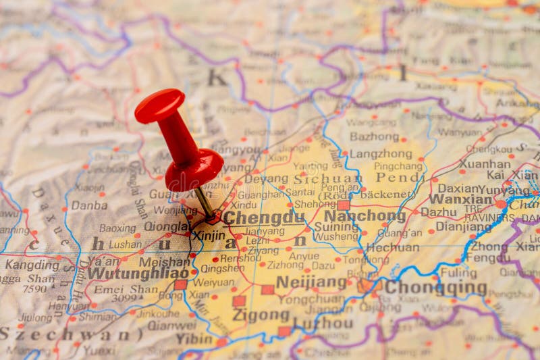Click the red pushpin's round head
point(159,106)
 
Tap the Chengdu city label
point(264,218)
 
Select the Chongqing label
point(435,288)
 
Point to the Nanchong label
point(364,217)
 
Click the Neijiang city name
point(311,282)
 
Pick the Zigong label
point(261,315)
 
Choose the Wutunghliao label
point(138,274)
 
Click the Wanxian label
point(461,200)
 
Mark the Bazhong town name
point(374,136)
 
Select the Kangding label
point(32,265)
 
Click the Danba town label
point(89,205)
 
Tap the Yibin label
point(194,339)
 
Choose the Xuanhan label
point(485,163)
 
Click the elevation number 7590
point(34,289)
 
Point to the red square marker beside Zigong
point(240,301)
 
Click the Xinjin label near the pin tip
point(209,236)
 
